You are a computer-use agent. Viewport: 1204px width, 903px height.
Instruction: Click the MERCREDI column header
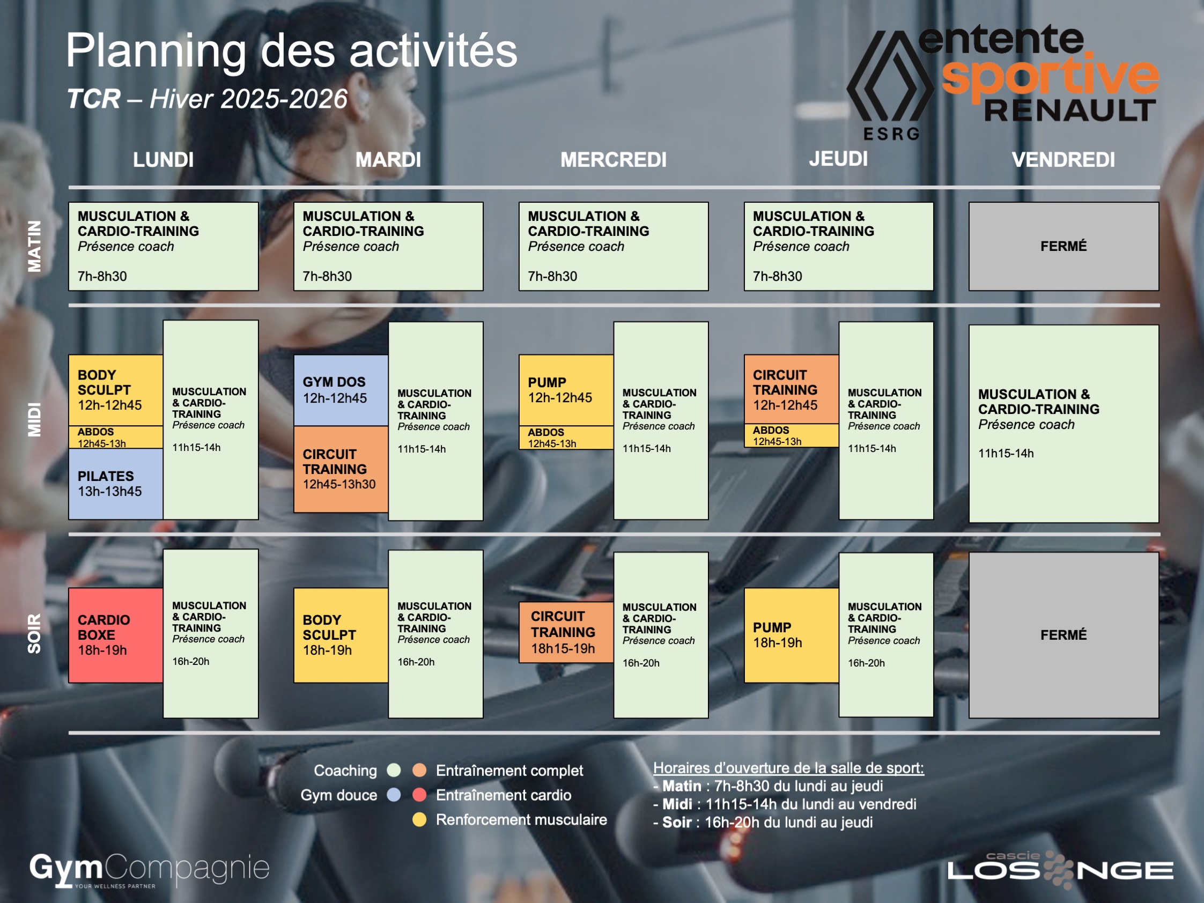(x=614, y=159)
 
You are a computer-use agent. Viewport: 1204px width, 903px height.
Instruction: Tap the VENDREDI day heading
(x=1063, y=159)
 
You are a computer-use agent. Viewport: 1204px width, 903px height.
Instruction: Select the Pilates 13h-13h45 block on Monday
(x=115, y=483)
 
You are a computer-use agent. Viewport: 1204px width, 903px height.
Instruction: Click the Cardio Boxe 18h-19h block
(x=115, y=635)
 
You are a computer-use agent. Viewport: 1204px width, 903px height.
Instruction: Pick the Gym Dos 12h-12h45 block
(x=341, y=390)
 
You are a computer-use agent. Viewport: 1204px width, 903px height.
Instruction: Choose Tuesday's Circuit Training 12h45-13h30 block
(x=341, y=469)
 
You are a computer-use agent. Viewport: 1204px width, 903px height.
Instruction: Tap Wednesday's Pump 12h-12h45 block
(x=566, y=390)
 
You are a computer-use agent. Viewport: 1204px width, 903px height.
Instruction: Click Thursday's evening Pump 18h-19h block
(x=792, y=635)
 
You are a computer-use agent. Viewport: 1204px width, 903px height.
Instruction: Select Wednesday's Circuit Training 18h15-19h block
(x=566, y=633)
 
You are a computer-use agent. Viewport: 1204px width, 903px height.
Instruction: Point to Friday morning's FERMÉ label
(x=1063, y=246)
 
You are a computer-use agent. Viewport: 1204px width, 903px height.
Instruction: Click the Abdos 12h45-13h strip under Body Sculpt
(x=115, y=437)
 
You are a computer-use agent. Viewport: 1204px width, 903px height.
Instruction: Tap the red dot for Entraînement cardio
(x=419, y=795)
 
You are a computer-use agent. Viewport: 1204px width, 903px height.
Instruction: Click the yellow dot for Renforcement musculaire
(x=419, y=819)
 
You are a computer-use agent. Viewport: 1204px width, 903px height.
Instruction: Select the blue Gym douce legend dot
(x=394, y=795)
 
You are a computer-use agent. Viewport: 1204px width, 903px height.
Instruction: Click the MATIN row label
(x=34, y=246)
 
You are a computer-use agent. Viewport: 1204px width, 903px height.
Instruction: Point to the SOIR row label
(x=34, y=634)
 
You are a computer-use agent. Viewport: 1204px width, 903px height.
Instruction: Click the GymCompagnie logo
(x=150, y=870)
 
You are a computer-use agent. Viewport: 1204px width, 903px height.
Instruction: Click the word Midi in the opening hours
(x=677, y=804)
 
